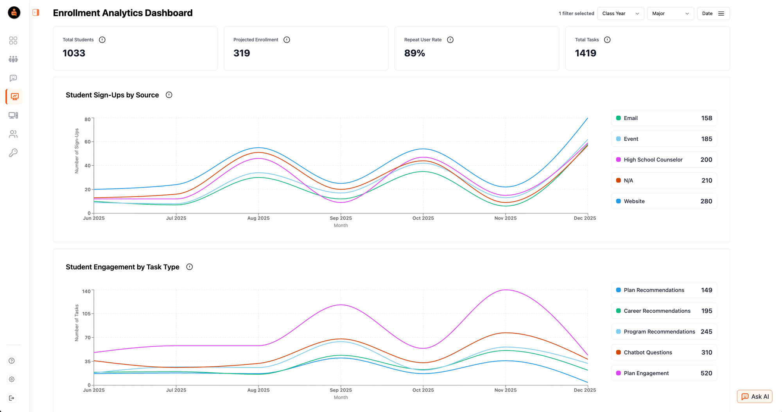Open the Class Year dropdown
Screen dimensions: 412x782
(x=621, y=13)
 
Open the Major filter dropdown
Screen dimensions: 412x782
(x=670, y=13)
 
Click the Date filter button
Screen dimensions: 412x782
(x=713, y=13)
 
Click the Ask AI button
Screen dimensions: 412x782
(x=755, y=396)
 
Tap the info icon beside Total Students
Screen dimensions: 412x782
(x=102, y=40)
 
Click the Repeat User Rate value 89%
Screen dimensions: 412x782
(x=414, y=53)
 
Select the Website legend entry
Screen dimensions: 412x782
(x=664, y=201)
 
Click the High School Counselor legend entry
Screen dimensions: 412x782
(x=664, y=159)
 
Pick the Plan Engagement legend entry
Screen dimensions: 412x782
(x=664, y=373)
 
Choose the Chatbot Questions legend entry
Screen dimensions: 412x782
(x=664, y=352)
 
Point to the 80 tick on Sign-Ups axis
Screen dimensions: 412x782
(x=88, y=119)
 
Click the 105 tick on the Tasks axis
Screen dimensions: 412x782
(x=86, y=313)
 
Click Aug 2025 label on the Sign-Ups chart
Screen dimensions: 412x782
(x=258, y=218)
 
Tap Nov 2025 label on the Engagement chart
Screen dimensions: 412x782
(x=505, y=390)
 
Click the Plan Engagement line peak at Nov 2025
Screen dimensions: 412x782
(x=506, y=290)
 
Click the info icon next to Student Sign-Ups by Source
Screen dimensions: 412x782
(x=169, y=95)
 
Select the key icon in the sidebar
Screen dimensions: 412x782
(x=13, y=153)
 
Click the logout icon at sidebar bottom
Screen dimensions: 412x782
(x=12, y=398)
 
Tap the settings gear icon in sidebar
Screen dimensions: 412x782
(x=12, y=379)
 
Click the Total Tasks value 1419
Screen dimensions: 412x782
(x=585, y=53)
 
